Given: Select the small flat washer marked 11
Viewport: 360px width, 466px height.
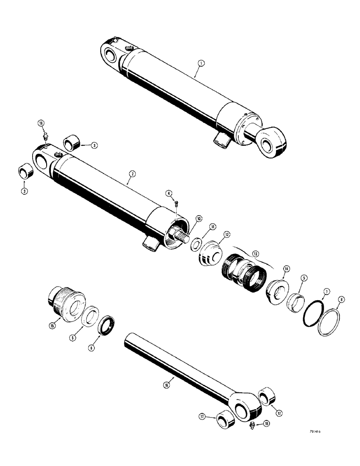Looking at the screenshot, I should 196,244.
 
